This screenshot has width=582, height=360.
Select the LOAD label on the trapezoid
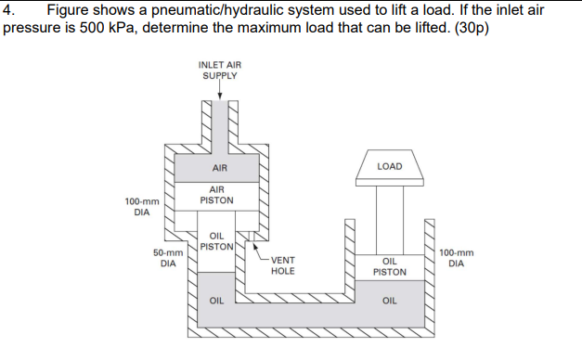pyautogui.click(x=390, y=166)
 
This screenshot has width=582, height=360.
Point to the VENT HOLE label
pyautogui.click(x=283, y=265)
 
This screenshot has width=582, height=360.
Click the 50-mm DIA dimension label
pyautogui.click(x=167, y=257)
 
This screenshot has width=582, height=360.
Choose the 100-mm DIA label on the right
pyautogui.click(x=456, y=257)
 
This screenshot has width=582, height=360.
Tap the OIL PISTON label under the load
pyautogui.click(x=390, y=267)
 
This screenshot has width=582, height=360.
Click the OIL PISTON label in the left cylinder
pyautogui.click(x=215, y=241)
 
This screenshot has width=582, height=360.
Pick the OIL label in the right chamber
pyautogui.click(x=390, y=300)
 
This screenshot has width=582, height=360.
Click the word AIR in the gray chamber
pyautogui.click(x=220, y=168)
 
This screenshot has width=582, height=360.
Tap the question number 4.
pyautogui.click(x=8, y=10)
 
